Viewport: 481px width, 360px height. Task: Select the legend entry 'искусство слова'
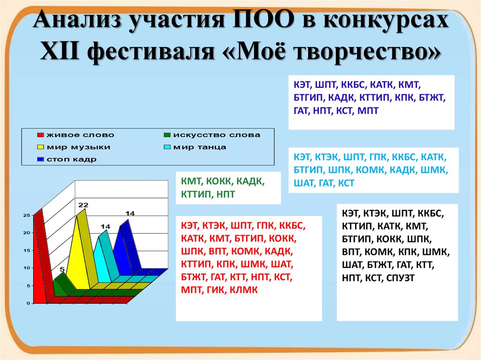(216, 135)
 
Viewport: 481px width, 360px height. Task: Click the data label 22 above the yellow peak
(83, 205)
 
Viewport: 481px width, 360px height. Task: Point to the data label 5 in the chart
(62, 269)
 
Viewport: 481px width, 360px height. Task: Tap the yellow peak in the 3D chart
(79, 249)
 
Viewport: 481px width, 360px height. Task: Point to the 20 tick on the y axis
(27, 233)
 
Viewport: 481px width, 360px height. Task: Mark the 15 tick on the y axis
(27, 250)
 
